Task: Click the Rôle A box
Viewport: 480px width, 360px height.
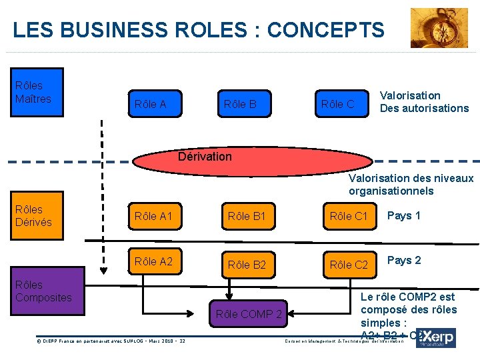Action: [x=150, y=104]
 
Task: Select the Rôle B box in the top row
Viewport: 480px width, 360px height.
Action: [x=240, y=104]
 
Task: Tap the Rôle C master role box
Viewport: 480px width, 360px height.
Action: [x=337, y=104]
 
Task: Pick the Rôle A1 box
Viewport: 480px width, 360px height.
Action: [x=153, y=216]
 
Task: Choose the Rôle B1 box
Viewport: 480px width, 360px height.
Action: [x=247, y=216]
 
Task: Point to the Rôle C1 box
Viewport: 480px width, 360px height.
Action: [x=349, y=216]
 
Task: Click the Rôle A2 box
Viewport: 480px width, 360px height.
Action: [x=153, y=261]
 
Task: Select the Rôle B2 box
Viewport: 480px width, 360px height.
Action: [x=247, y=265]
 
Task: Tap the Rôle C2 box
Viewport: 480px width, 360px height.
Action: [x=349, y=265]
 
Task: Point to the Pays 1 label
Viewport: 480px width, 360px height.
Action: [x=404, y=215]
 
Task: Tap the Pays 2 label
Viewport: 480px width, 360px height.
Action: [x=404, y=260]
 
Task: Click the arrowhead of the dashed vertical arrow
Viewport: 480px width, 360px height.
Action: [x=103, y=270]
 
